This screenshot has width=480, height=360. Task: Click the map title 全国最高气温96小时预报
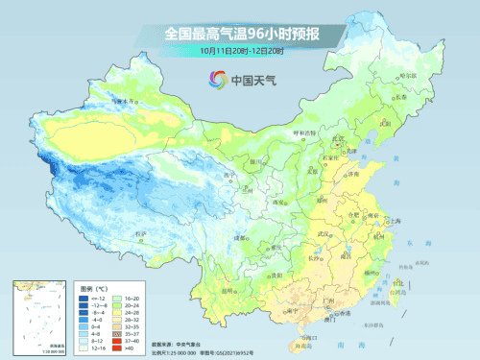click(240, 35)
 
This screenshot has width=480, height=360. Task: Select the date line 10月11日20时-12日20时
click(240, 50)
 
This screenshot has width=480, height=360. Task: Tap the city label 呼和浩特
click(301, 133)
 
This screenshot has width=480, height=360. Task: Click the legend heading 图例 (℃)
click(93, 287)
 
